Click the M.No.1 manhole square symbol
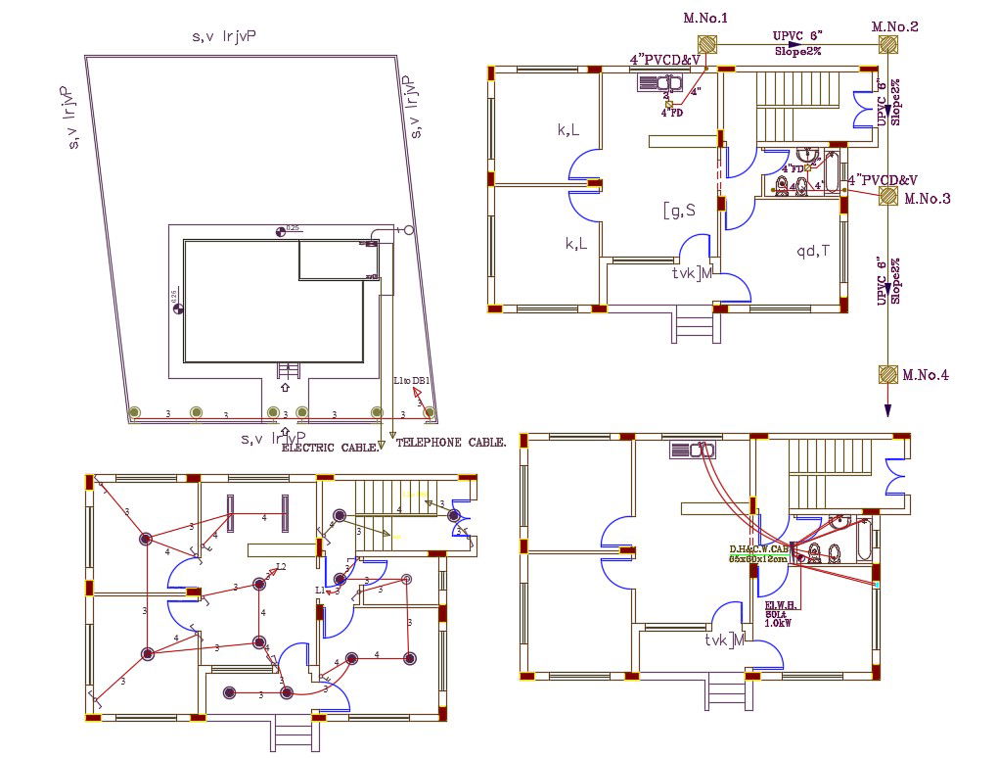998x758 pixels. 706,45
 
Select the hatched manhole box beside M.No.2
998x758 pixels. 887,45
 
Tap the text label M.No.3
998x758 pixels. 926,199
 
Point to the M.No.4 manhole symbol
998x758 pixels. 887,374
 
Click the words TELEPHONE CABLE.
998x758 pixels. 451,443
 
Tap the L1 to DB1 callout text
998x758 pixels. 412,380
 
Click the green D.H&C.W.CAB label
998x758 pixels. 758,549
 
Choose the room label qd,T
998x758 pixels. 812,251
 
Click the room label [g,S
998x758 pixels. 679,210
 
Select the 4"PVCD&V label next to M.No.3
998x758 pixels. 883,180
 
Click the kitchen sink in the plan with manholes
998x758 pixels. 659,84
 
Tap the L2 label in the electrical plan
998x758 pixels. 281,567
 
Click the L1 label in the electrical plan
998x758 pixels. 320,591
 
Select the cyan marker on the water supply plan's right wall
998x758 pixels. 877,585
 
